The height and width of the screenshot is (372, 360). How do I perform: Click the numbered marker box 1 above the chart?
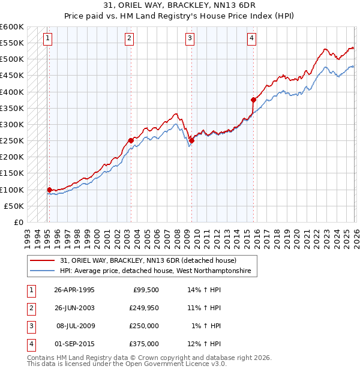coord(47,39)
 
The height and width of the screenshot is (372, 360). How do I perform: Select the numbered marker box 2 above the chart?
coord(129,39)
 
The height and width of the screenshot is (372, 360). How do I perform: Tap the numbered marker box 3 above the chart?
coord(190,39)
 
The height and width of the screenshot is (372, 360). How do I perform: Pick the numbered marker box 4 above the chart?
coord(251,39)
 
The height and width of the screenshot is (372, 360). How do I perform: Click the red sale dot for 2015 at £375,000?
coord(253,100)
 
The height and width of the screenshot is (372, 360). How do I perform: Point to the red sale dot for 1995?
coord(49,190)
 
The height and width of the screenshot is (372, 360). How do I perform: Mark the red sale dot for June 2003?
coord(131,140)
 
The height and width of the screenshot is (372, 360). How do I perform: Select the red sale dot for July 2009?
coord(191,140)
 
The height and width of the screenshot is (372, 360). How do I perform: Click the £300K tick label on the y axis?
coord(11,124)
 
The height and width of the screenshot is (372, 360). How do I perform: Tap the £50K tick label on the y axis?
coord(14,206)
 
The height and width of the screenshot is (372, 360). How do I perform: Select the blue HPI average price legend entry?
coord(158,271)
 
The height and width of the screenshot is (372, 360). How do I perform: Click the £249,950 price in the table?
coord(144,308)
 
